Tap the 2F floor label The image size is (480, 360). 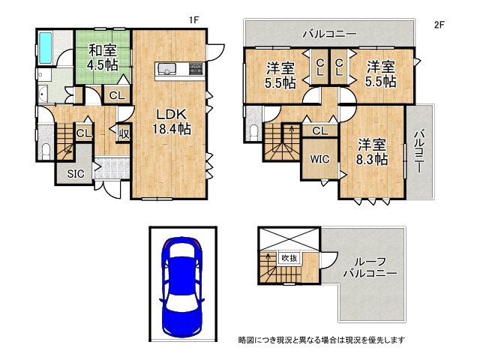click(x=439, y=24)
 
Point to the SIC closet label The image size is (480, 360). click(x=76, y=174)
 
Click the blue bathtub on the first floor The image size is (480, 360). click(x=44, y=47)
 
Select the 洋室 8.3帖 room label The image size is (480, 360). click(x=372, y=151)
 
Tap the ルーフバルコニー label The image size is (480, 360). click(x=371, y=268)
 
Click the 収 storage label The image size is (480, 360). click(x=123, y=135)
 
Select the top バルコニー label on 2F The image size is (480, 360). click(x=329, y=34)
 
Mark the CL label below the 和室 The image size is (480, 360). click(x=117, y=95)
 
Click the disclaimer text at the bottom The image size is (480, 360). click(x=322, y=340)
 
